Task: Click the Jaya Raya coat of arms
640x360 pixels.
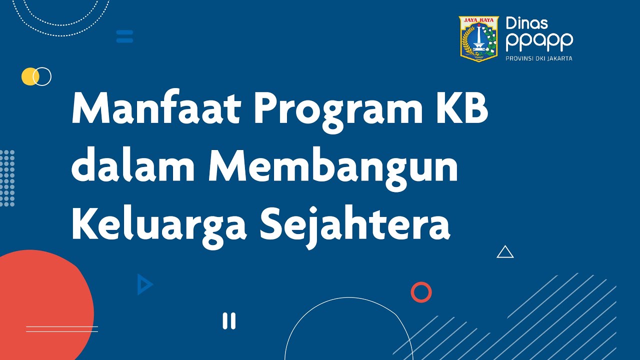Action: coord(479,39)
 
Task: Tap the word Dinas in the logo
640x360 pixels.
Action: coord(527,23)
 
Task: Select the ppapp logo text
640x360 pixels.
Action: coord(539,42)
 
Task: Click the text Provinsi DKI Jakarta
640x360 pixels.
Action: coord(539,58)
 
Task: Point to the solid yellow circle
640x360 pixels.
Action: coord(29,76)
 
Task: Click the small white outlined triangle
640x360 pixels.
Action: coord(505,252)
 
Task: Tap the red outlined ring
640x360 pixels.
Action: coord(421,292)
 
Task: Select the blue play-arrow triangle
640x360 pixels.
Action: coord(144,284)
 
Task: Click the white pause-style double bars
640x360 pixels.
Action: coord(229,320)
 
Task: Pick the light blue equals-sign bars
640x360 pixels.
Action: coord(124,36)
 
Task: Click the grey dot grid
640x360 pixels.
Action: coord(7,178)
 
